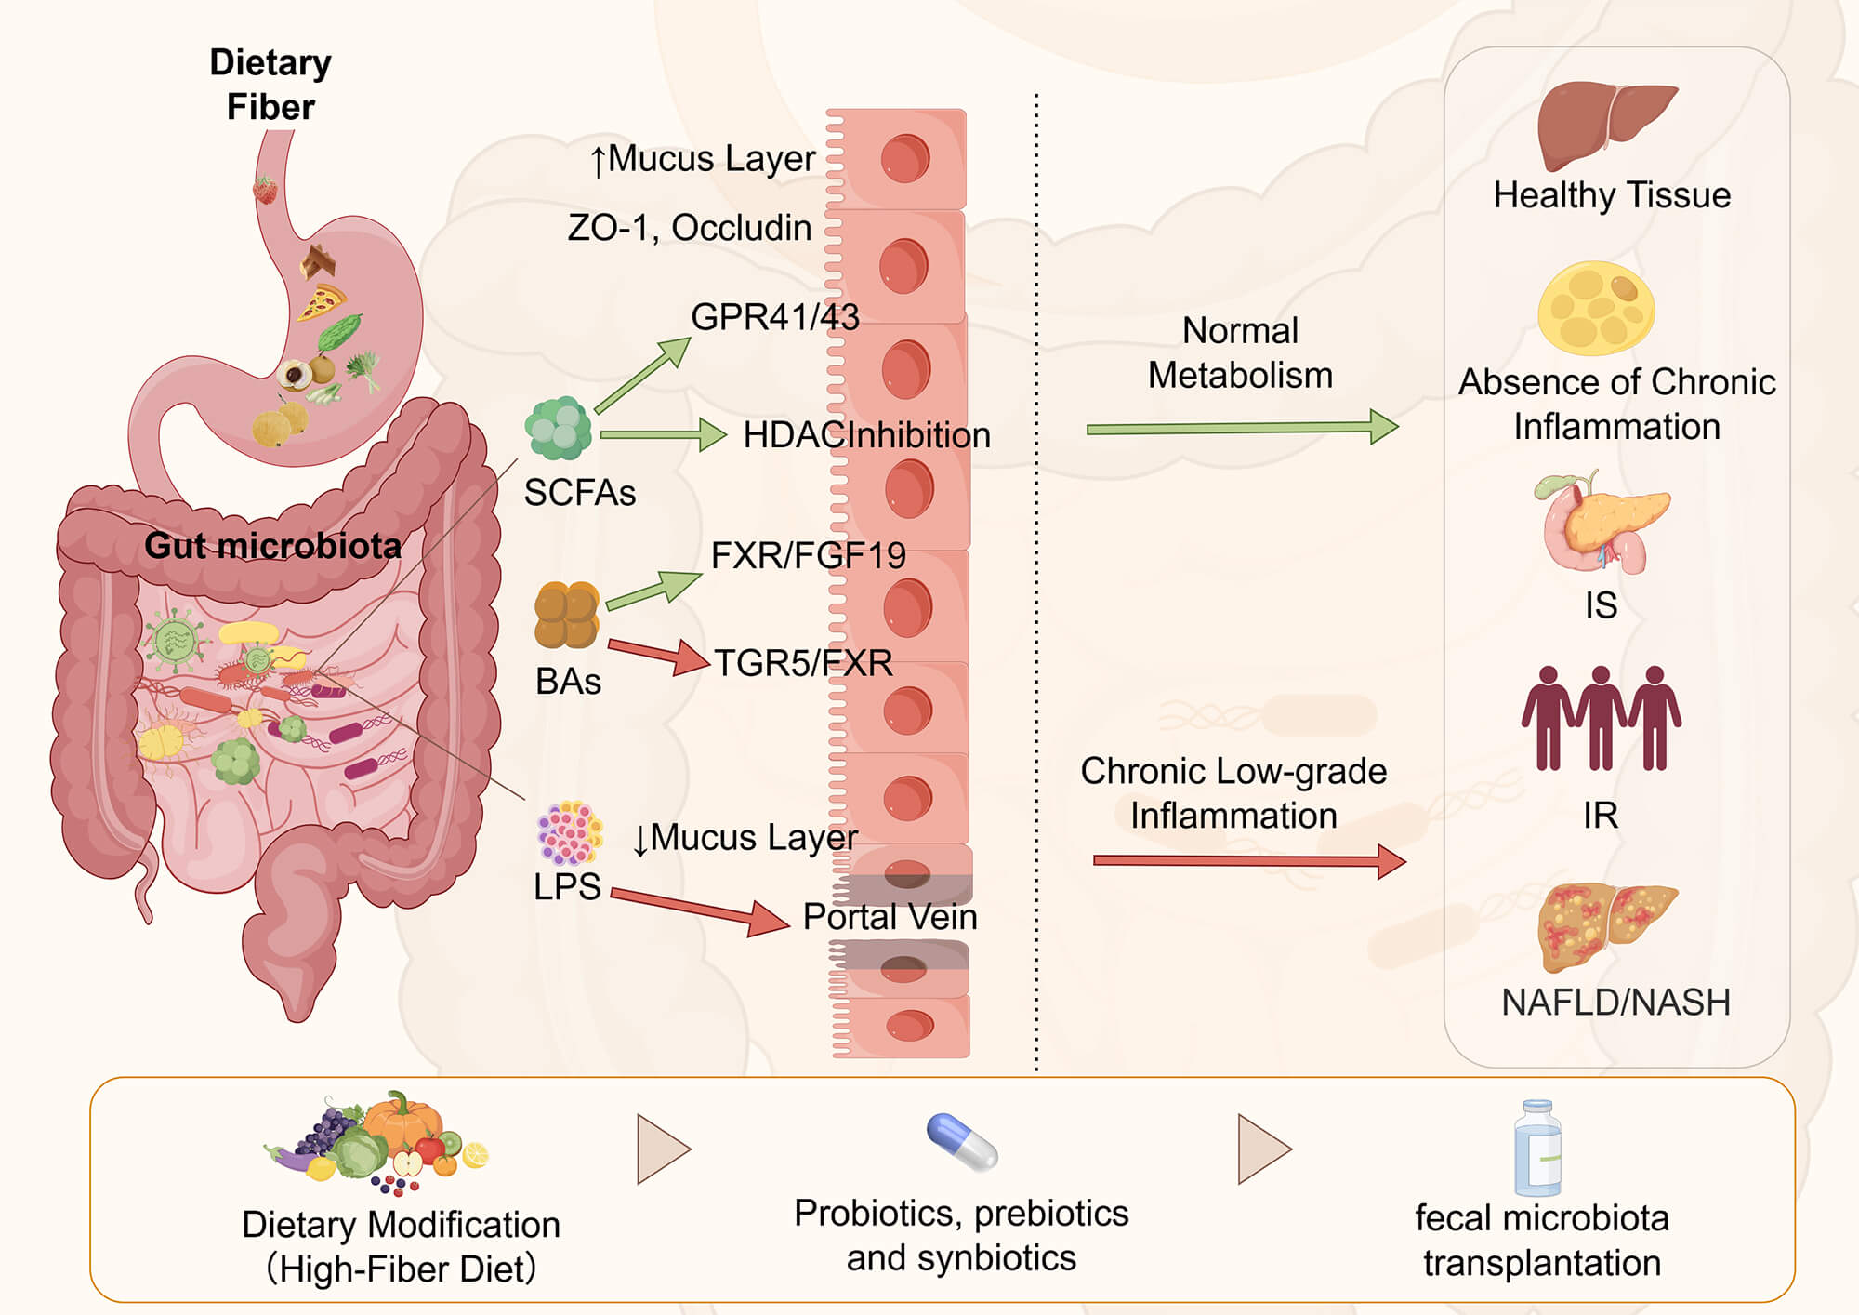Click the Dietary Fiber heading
coord(270,84)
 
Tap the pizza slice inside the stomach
coord(322,302)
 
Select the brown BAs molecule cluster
coord(566,615)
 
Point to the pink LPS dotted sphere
coord(569,832)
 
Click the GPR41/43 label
coord(774,317)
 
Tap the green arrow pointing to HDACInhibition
coord(662,434)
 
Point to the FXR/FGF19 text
coord(808,555)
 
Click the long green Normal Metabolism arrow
coord(1241,428)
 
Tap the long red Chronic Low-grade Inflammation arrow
coord(1248,861)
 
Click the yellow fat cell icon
coord(1595,309)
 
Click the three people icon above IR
coord(1601,718)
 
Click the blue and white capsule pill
coord(962,1142)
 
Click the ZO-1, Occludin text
coord(689,228)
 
